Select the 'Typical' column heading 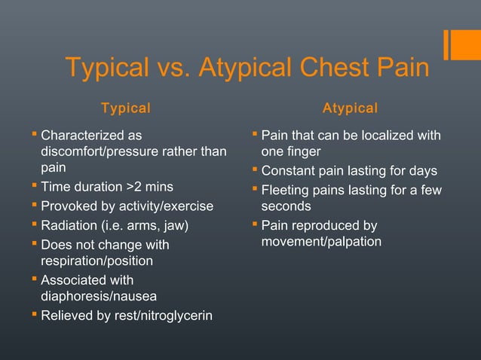click(x=126, y=108)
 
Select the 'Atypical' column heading click(x=350, y=108)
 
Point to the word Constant click(x=289, y=171)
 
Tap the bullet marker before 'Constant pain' click(x=254, y=170)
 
